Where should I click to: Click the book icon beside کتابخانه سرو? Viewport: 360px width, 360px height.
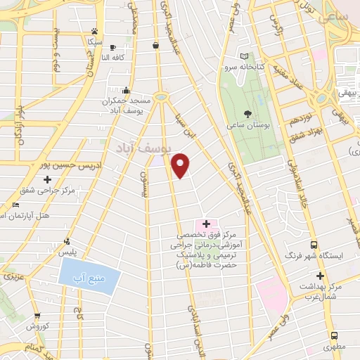pos(244,56)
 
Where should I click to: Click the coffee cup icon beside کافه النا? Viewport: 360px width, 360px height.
pos(112,47)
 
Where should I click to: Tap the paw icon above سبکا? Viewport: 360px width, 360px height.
pos(94,30)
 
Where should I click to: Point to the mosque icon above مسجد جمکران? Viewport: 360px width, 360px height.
pos(126,90)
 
